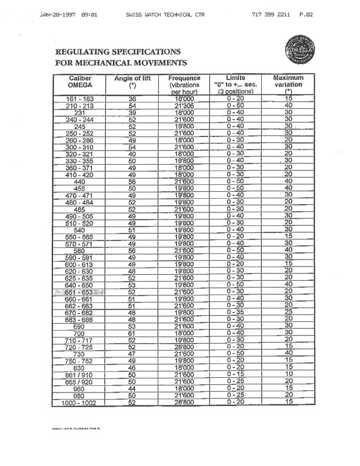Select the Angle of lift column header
pyautogui.click(x=132, y=82)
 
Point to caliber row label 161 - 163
pyautogui.click(x=80, y=99)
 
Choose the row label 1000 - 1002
pyautogui.click(x=80, y=402)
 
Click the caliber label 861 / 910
pyautogui.click(x=80, y=374)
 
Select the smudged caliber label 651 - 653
pyautogui.click(x=80, y=291)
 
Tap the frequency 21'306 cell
pyautogui.click(x=185, y=106)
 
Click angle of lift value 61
pyautogui.click(x=132, y=332)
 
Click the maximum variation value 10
pyautogui.click(x=288, y=374)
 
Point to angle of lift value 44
pyautogui.click(x=132, y=388)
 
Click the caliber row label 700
pyautogui.click(x=80, y=333)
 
